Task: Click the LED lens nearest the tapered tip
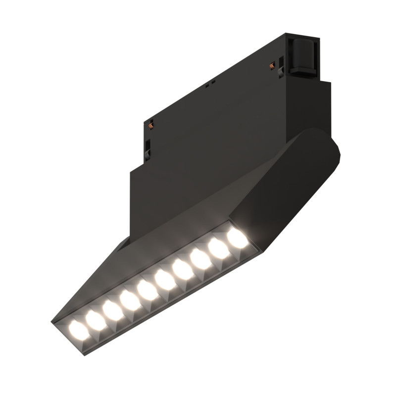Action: pos(76,327)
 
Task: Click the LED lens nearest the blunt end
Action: pos(238,239)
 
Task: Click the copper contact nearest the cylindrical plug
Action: pos(272,64)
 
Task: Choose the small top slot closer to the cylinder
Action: pos(212,81)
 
